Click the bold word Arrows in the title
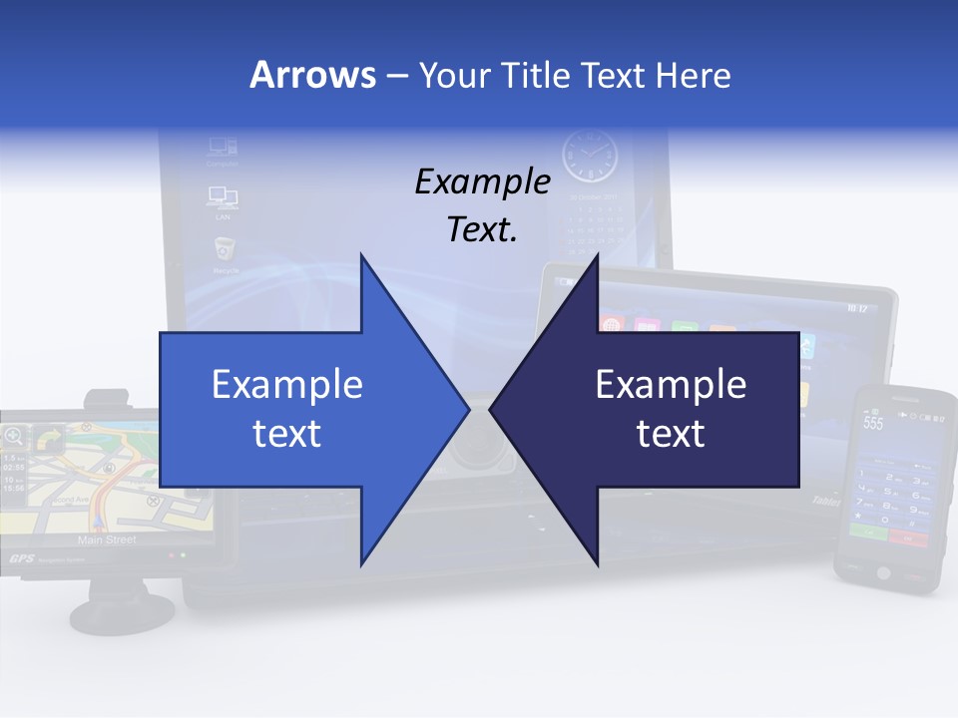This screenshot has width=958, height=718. point(313,75)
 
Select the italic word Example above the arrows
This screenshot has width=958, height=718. point(482,181)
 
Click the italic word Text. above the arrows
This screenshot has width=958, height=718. point(482,229)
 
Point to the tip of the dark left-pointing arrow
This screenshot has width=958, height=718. point(491,409)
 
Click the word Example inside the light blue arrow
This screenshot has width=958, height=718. point(287,384)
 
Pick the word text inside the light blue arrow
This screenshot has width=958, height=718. point(287,434)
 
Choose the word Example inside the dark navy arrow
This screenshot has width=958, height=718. point(671,384)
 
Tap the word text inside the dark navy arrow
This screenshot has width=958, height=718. point(671,434)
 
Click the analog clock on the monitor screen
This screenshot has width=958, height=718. point(590,156)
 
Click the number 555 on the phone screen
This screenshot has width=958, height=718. point(873,423)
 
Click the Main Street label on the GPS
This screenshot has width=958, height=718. point(107,539)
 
